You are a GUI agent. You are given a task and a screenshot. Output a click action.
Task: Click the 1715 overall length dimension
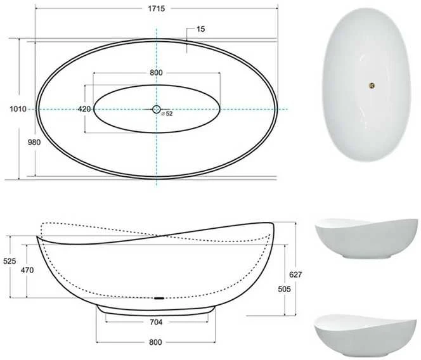pyautogui.click(x=156, y=9)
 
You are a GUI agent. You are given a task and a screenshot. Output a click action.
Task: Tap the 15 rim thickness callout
pyautogui.click(x=200, y=29)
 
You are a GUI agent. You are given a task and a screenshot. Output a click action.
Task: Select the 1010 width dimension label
pyautogui.click(x=18, y=109)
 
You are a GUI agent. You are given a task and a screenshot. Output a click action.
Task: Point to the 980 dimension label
pyautogui.click(x=34, y=142)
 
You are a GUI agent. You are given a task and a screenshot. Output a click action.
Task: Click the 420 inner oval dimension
pyautogui.click(x=84, y=109)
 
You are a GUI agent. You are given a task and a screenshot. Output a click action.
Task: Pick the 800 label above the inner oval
pyautogui.click(x=156, y=73)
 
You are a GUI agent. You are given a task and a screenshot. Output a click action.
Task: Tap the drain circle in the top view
pyautogui.click(x=156, y=109)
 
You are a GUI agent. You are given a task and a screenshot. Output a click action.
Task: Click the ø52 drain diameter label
pyautogui.click(x=167, y=114)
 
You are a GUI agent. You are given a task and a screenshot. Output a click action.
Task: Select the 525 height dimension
pyautogui.click(x=10, y=261)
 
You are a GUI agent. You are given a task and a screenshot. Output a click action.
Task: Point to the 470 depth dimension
pyautogui.click(x=27, y=270)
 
